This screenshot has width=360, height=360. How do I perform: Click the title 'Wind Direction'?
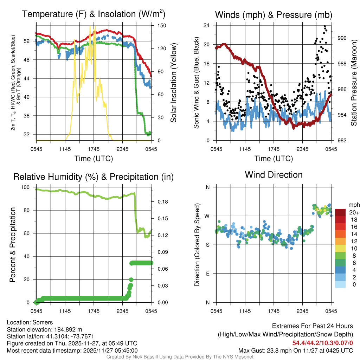(x=274, y=175)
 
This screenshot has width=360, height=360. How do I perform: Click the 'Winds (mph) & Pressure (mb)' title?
(x=274, y=15)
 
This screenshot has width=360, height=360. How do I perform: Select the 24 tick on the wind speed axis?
(x=207, y=25)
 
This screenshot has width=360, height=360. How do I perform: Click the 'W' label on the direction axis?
(x=207, y=216)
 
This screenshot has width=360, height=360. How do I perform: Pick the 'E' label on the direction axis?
(x=208, y=274)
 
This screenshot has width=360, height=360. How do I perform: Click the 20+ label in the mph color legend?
(x=354, y=212)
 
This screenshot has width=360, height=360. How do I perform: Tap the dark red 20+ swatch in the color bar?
(x=341, y=212)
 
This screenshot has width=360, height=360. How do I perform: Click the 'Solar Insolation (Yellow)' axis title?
(x=174, y=83)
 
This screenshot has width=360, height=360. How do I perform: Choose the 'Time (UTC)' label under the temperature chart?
(x=94, y=159)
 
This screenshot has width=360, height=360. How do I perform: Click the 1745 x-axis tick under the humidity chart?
(x=94, y=311)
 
